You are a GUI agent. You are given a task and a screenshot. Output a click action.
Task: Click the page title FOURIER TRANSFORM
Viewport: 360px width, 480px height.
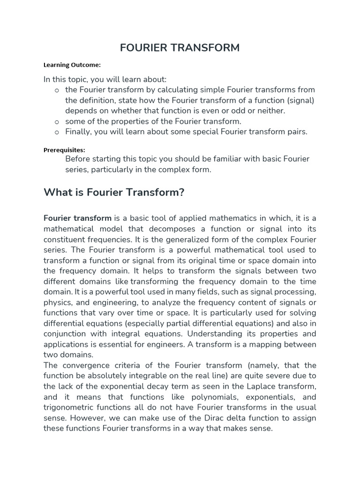[180, 48]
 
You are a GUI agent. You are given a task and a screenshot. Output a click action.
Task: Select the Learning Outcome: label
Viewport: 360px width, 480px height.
[72, 65]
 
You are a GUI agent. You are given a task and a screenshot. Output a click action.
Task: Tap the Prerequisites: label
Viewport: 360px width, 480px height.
[64, 150]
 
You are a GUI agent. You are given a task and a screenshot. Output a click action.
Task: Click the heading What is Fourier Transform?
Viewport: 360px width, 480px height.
[114, 192]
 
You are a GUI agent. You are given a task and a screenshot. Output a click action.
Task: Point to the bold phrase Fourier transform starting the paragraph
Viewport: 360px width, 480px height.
[77, 218]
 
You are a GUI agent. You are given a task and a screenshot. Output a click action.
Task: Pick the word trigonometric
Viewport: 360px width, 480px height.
[70, 407]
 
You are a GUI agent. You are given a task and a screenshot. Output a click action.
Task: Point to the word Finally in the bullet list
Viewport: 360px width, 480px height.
[78, 132]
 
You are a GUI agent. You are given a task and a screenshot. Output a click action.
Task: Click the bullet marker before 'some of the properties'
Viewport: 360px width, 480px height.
[57, 121]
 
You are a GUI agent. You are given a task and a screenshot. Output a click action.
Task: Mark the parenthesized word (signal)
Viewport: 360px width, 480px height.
[300, 100]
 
